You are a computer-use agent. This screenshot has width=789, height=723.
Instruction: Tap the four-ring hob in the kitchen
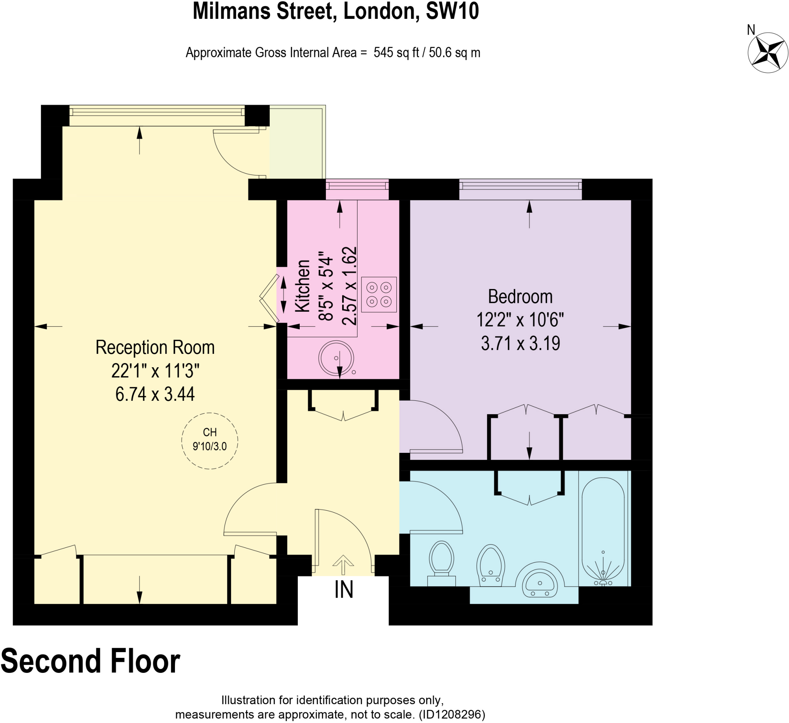379,294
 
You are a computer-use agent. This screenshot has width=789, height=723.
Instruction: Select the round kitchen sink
336,358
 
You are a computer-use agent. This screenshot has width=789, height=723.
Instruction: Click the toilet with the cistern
442,562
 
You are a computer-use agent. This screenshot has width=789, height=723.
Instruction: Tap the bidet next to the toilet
490,566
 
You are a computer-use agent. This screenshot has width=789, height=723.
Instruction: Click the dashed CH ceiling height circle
210,441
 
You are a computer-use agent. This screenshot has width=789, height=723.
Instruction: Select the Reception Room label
155,348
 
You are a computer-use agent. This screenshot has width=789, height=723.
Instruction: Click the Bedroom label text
520,297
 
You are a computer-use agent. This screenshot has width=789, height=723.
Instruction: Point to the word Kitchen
302,286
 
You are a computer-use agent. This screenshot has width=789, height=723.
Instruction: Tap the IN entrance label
344,590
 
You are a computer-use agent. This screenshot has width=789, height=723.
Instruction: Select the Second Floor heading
91,661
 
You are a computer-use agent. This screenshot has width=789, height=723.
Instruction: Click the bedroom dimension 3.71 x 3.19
520,343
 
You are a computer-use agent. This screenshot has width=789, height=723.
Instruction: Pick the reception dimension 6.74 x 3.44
155,394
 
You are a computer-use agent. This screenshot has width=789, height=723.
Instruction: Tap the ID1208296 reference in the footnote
452,715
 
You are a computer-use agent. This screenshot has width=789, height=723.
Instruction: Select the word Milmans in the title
232,11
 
